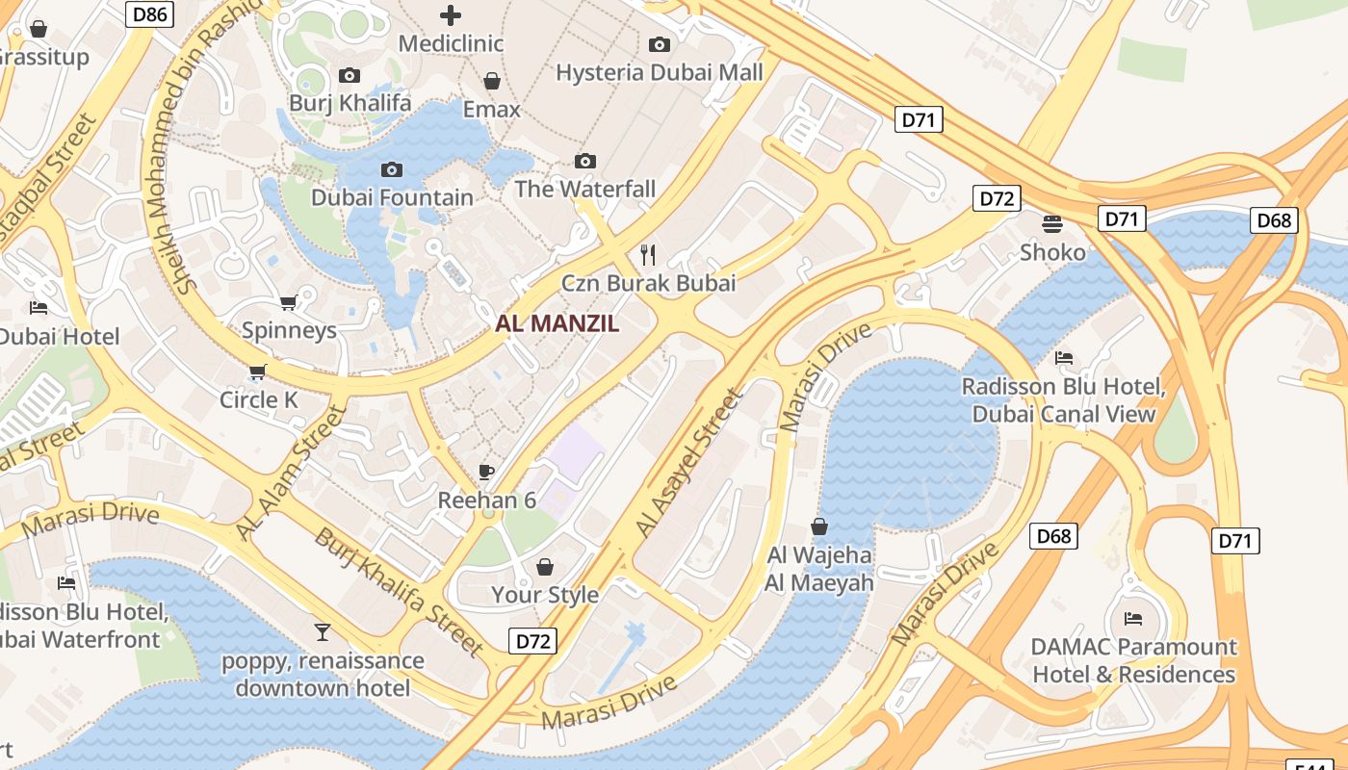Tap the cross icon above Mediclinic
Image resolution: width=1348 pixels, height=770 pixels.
coord(450,14)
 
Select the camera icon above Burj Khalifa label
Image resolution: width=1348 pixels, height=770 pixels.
coord(350,75)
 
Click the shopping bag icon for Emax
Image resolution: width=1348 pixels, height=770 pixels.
coord(492,81)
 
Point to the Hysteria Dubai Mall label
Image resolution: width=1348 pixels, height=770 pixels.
coord(660,72)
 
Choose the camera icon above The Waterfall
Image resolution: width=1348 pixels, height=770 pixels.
coord(584,161)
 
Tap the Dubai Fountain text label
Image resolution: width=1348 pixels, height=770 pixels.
coord(392,197)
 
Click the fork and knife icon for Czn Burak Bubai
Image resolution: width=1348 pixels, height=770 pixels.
coord(648,254)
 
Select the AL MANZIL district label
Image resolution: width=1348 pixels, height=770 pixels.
coord(557,323)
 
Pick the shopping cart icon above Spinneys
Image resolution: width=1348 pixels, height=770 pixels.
coord(288,302)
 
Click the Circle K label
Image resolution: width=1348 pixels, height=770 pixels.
coord(259,399)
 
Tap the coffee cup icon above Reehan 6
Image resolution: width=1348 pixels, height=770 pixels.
coord(486,472)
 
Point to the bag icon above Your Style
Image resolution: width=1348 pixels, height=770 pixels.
coord(545,567)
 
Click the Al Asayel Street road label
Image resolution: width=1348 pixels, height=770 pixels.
coord(690,462)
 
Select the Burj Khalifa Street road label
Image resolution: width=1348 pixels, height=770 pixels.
coord(399,591)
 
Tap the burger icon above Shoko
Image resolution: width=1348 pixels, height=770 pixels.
coord(1052,224)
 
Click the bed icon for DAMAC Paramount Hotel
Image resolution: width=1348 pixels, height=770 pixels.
coord(1133,618)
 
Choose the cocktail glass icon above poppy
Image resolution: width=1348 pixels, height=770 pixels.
coord(323,631)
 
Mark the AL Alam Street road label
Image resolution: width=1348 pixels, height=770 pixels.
coord(291,472)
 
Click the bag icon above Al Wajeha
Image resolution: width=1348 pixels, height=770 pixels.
coord(819,526)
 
